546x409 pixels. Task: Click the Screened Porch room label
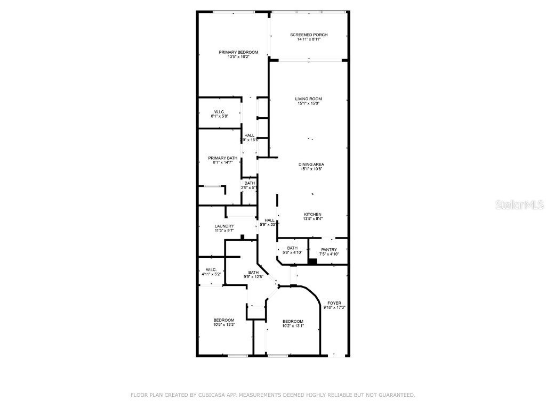309,35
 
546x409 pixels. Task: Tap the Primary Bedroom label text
238,52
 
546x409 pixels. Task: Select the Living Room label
309,99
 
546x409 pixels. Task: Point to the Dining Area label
311,165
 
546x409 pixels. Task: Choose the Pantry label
329,249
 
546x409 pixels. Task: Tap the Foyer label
334,303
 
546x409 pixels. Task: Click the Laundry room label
224,226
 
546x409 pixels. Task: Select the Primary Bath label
223,158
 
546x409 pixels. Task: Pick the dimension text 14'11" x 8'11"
309,39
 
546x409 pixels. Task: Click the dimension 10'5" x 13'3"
224,324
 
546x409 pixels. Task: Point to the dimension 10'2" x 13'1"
293,326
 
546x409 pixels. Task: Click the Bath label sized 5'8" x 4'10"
292,248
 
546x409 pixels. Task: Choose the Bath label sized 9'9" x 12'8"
253,272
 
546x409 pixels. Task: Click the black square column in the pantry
312,261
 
